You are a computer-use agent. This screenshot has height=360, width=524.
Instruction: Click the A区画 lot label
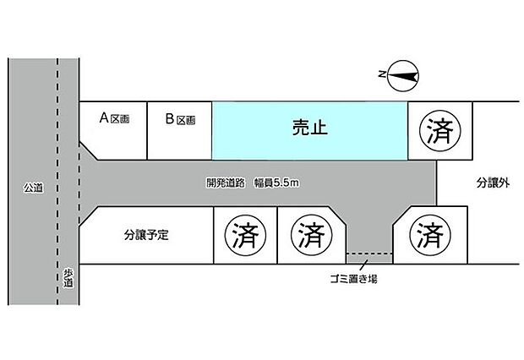tap(115, 118)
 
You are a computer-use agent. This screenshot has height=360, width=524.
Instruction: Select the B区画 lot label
tap(181, 119)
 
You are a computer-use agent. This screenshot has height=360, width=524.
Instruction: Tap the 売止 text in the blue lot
tap(310, 128)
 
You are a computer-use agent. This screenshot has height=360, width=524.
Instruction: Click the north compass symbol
tap(403, 76)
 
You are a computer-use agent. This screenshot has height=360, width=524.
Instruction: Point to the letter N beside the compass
tap(382, 74)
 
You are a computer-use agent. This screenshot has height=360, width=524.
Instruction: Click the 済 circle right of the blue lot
tap(440, 131)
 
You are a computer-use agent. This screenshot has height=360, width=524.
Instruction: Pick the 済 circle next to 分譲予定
tap(246, 235)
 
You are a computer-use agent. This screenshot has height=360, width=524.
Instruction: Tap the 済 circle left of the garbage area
tap(312, 235)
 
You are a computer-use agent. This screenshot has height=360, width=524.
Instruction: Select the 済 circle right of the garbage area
tap(430, 235)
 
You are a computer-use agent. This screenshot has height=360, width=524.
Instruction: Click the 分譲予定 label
tap(146, 235)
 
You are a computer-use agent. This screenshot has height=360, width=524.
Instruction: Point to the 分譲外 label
tap(493, 183)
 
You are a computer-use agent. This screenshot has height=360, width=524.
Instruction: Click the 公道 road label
tap(34, 188)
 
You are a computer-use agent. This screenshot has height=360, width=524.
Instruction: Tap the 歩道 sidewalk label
tap(68, 278)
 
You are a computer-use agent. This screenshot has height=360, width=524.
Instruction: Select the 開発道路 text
tap(226, 183)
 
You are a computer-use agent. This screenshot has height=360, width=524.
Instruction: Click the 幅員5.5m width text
tap(276, 183)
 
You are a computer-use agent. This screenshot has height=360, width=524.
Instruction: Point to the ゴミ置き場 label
tap(353, 278)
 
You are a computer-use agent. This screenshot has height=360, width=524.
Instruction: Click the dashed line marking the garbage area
tap(369, 254)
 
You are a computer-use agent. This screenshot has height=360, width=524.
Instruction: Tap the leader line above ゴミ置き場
tap(363, 265)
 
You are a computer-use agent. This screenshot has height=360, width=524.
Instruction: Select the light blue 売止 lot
tap(310, 131)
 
